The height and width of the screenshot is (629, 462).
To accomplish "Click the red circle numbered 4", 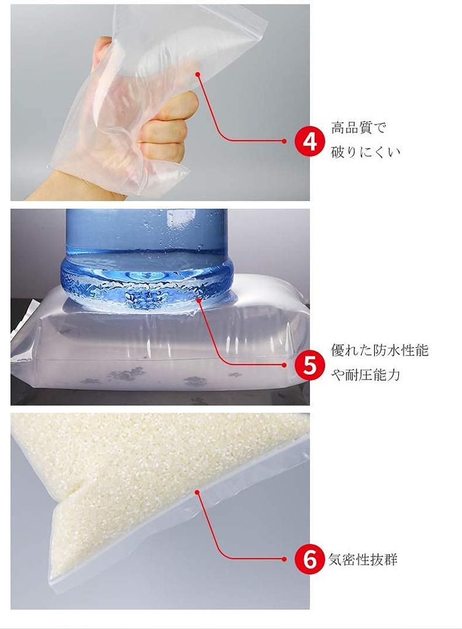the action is pyautogui.click(x=309, y=141).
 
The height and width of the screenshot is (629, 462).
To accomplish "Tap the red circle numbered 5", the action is pyautogui.click(x=309, y=365).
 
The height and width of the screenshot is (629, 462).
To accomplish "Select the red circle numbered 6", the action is pyautogui.click(x=309, y=559).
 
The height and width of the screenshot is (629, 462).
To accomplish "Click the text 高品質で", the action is pyautogui.click(x=358, y=128).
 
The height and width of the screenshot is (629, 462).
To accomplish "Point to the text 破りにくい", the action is pyautogui.click(x=365, y=152).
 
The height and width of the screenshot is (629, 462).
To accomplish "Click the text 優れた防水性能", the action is pyautogui.click(x=379, y=350).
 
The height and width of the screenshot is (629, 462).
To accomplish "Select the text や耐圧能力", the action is pyautogui.click(x=365, y=374).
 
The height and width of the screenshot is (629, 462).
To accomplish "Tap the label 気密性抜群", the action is pyautogui.click(x=363, y=559).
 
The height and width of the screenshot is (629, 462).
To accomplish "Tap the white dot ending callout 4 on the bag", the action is pyautogui.click(x=198, y=74).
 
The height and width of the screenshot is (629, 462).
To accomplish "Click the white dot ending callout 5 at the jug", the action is pyautogui.click(x=198, y=299).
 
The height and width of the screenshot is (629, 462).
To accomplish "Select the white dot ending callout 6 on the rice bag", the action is pyautogui.click(x=197, y=492).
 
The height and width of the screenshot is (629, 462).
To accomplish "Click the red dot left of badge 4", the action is pyautogui.click(x=284, y=141).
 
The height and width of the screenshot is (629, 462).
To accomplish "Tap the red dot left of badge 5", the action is pyautogui.click(x=284, y=365).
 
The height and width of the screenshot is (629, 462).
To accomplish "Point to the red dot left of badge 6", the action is pyautogui.click(x=284, y=559).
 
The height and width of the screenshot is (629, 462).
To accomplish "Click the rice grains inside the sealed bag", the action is pyautogui.click(x=141, y=474).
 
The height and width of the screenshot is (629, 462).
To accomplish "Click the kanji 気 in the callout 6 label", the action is pyautogui.click(x=336, y=559).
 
